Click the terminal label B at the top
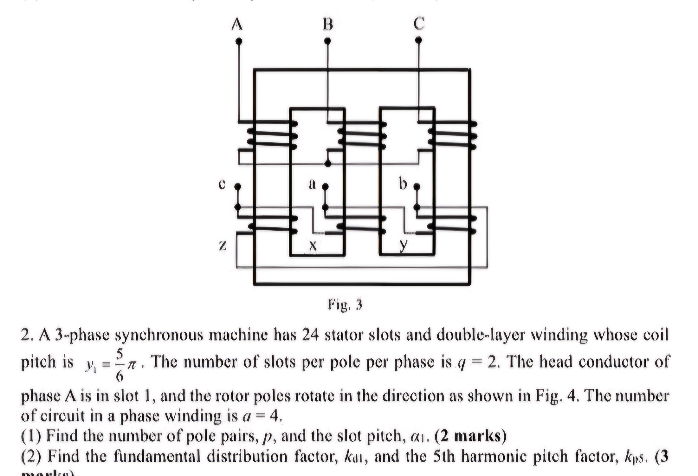pyautogui.click(x=328, y=24)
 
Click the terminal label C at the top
pyautogui.click(x=419, y=23)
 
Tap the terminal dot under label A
pyautogui.click(x=239, y=41)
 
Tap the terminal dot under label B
pyautogui.click(x=328, y=40)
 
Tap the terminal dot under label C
pyautogui.click(x=419, y=40)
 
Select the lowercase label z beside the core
pyautogui.click(x=222, y=246)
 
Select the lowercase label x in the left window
pyautogui.click(x=313, y=246)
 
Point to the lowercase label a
pyautogui.click(x=313, y=184)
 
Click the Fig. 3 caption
pyautogui.click(x=345, y=305)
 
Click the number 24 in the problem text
pyautogui.click(x=310, y=335)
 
